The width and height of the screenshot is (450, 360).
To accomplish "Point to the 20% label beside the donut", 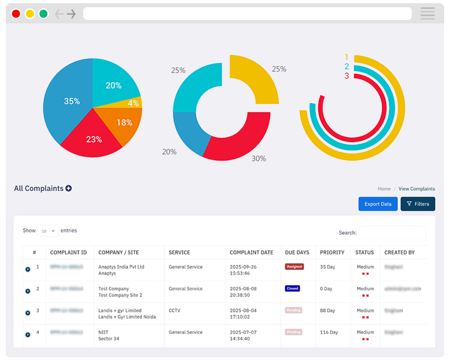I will pyautogui.click(x=169, y=152).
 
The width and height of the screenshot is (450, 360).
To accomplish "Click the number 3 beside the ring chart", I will pyautogui.click(x=346, y=76).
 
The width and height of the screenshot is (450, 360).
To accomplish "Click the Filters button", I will pyautogui.click(x=418, y=204).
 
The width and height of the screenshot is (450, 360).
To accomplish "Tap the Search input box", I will pyautogui.click(x=392, y=233).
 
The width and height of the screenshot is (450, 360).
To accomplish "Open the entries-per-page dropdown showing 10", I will pyautogui.click(x=48, y=231).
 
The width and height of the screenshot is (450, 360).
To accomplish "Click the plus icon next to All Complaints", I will pyautogui.click(x=68, y=189).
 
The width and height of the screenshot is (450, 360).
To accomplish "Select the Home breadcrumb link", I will pyautogui.click(x=384, y=189).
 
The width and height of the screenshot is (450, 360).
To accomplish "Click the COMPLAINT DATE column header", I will pyautogui.click(x=252, y=252).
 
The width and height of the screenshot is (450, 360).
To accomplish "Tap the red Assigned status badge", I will pyautogui.click(x=294, y=267).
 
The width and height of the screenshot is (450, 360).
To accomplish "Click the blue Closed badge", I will pyautogui.click(x=292, y=288).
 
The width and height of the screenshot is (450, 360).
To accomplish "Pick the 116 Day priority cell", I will pyautogui.click(x=329, y=333).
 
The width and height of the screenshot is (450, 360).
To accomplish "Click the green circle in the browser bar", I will pyautogui.click(x=43, y=14).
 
